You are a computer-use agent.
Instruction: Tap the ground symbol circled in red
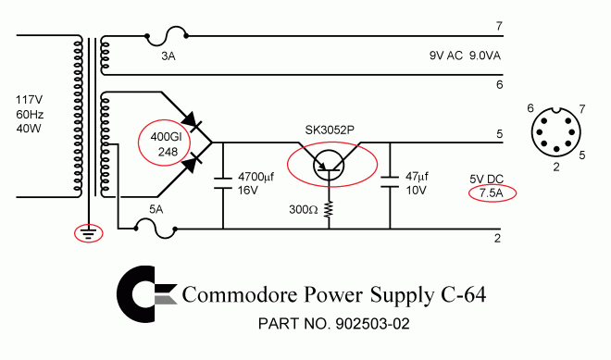[x=88, y=233]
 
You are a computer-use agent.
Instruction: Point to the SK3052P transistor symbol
[x=330, y=168]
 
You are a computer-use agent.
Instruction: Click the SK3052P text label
[x=332, y=128]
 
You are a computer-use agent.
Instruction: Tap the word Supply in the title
[x=394, y=296]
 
